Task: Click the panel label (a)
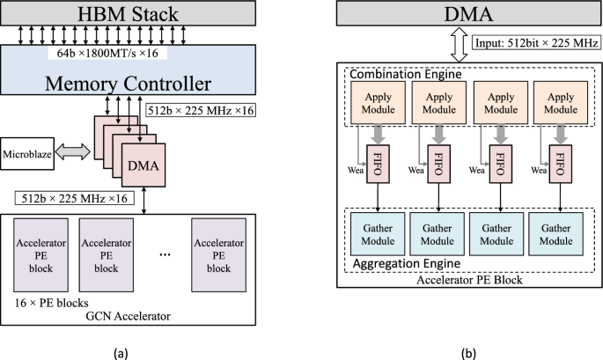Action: [121, 352]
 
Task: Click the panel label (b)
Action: [468, 352]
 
